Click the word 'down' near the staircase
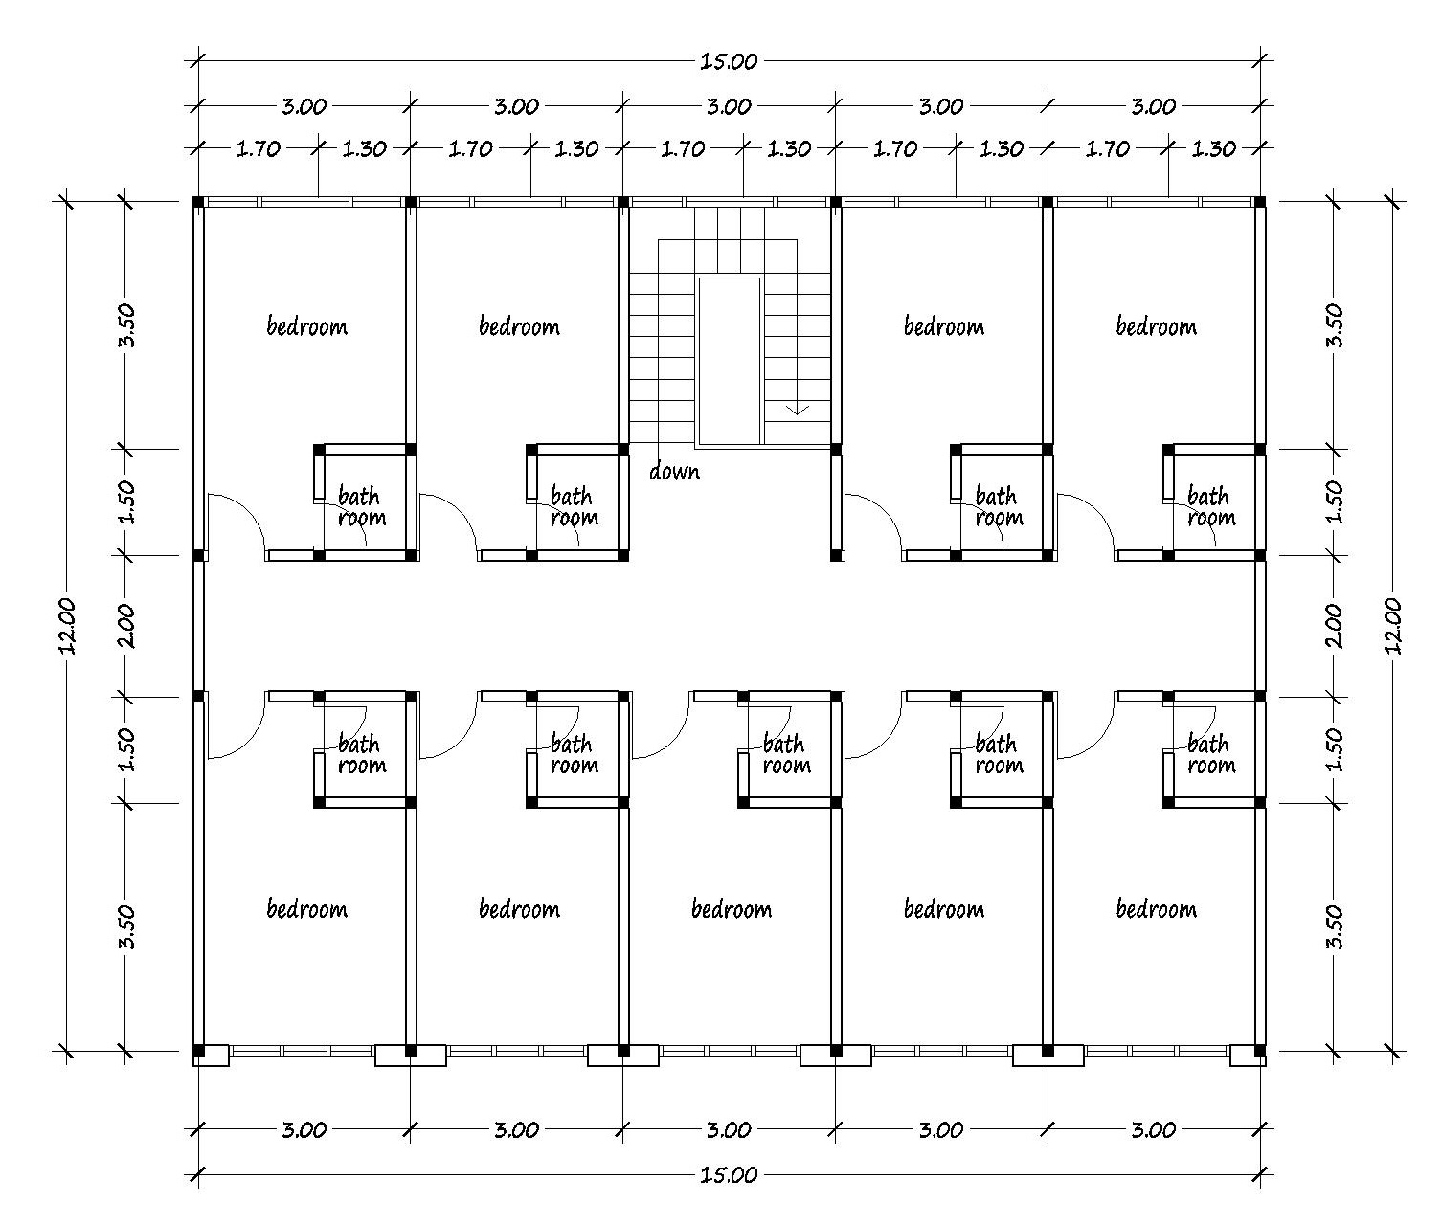click(x=674, y=472)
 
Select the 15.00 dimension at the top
click(x=729, y=61)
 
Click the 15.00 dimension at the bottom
click(x=729, y=1175)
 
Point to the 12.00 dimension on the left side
click(x=68, y=625)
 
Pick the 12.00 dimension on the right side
click(x=1393, y=625)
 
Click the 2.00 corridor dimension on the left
click(x=126, y=625)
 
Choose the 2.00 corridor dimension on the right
click(x=1334, y=625)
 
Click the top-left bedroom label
click(x=307, y=325)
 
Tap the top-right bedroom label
click(x=1156, y=325)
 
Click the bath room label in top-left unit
click(x=361, y=507)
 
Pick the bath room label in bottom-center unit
click(x=786, y=754)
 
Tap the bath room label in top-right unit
click(x=1211, y=507)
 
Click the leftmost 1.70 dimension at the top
click(x=258, y=148)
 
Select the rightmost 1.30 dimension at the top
click(x=1213, y=148)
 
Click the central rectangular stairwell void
click(x=729, y=361)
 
